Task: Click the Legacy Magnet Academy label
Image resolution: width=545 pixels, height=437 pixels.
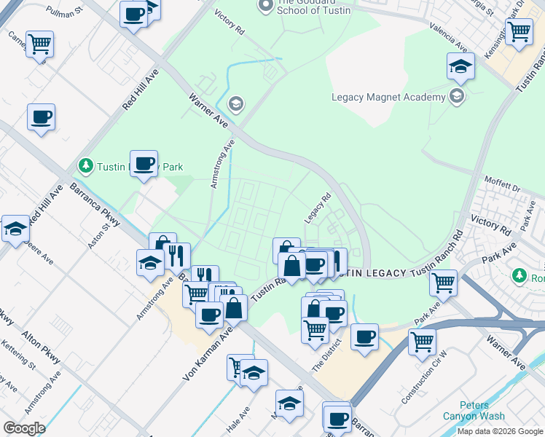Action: [x=388, y=97]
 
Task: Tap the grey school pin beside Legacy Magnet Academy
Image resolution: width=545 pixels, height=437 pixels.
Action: [x=456, y=97]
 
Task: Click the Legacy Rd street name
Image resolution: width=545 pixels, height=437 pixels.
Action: [x=318, y=208]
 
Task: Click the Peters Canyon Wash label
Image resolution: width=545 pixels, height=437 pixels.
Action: [x=472, y=411]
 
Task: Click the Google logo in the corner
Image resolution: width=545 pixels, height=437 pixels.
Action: [x=24, y=428]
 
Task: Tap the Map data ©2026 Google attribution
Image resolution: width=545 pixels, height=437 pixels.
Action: [x=499, y=431]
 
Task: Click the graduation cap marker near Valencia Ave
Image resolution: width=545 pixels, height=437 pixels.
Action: [x=460, y=67]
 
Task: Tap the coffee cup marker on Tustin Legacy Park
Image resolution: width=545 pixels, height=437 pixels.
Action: [x=144, y=164]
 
